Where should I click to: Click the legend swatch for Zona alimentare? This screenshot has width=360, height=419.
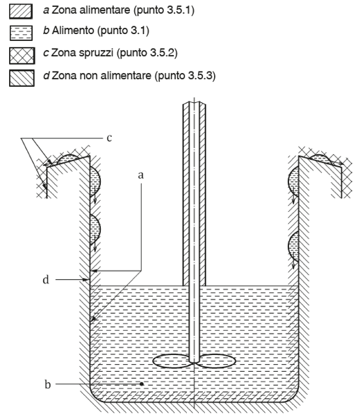click(21, 12)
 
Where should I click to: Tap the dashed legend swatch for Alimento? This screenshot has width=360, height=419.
click(21, 33)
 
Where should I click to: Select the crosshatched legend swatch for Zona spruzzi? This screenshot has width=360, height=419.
click(22, 56)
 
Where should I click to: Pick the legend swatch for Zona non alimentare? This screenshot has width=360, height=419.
click(22, 78)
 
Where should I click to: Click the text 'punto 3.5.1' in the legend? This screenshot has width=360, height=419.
click(164, 10)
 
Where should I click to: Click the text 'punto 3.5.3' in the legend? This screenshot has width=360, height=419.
click(185, 76)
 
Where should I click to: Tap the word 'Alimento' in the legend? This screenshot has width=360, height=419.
click(73, 31)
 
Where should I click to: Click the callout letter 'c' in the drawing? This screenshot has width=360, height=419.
click(109, 138)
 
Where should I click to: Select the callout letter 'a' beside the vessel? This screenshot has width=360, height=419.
click(140, 175)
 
